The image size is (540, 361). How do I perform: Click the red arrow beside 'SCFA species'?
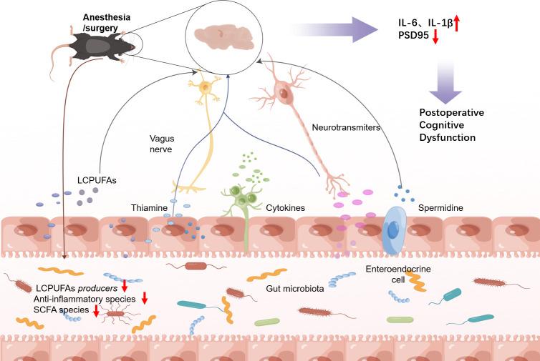click(96, 310)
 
